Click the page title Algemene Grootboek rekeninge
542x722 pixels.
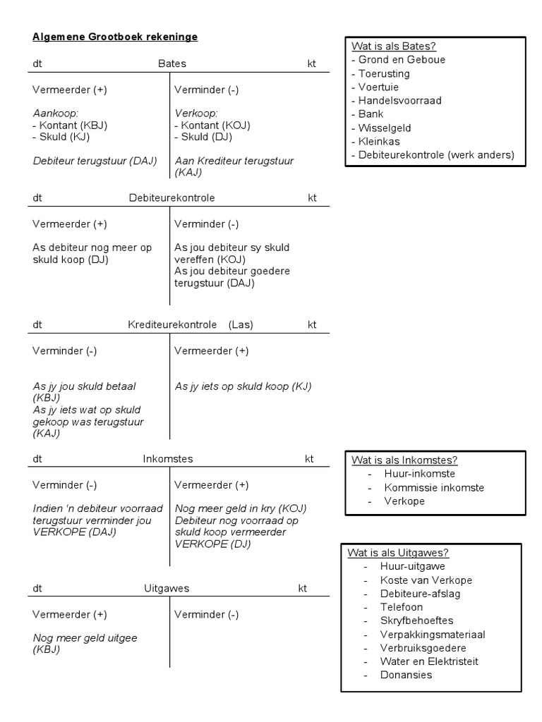115,37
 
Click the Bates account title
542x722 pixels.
172,63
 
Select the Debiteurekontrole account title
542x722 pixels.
172,198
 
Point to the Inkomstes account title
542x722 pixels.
167,459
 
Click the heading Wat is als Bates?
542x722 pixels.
394,47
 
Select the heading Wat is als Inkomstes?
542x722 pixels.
404,460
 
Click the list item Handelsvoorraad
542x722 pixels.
399,101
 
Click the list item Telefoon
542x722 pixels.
402,607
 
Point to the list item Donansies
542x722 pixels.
406,675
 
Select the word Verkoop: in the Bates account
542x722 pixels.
195,114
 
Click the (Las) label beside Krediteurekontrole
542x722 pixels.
241,325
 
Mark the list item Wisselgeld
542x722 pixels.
385,128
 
